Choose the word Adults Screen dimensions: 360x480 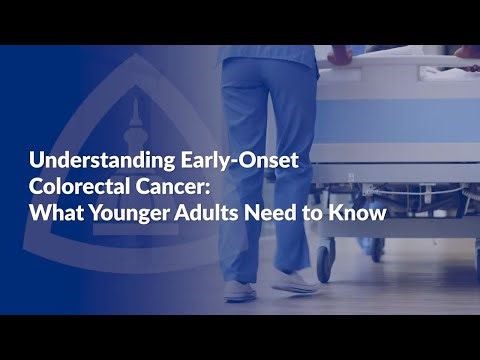(x=223, y=212)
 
